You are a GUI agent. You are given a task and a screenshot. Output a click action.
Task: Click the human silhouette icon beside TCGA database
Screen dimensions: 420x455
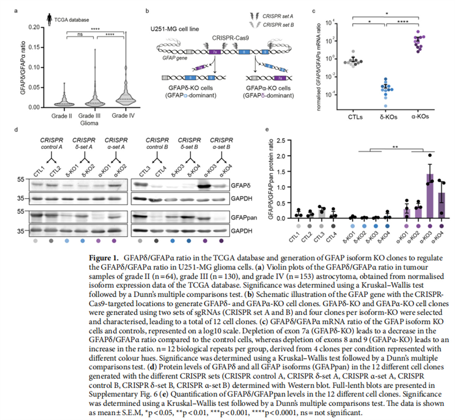tap(49, 19)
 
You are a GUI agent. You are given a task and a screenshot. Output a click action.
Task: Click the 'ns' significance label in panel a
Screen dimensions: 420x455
tap(80, 34)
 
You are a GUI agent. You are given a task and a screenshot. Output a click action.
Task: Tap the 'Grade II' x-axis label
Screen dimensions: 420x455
tap(61, 116)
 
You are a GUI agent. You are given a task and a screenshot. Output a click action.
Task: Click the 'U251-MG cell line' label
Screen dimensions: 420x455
tap(174, 29)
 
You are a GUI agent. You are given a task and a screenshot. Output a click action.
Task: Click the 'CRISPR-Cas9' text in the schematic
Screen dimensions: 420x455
tap(230, 38)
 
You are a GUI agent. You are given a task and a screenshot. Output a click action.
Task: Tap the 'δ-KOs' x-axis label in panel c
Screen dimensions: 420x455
tap(389, 117)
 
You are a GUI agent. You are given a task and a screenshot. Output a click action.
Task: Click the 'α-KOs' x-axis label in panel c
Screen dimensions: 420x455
tap(420, 116)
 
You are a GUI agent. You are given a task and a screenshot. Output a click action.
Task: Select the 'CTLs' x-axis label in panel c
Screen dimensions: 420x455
tap(355, 117)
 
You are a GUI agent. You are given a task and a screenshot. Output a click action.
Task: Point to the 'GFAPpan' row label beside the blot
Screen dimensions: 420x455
tap(244, 218)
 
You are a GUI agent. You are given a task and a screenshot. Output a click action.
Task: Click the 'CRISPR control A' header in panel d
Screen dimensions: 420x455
tap(52, 143)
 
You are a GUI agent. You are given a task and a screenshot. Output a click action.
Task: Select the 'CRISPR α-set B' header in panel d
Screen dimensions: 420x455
tap(221, 143)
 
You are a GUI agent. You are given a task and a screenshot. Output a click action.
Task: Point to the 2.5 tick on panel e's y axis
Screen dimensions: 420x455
tap(281, 141)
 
